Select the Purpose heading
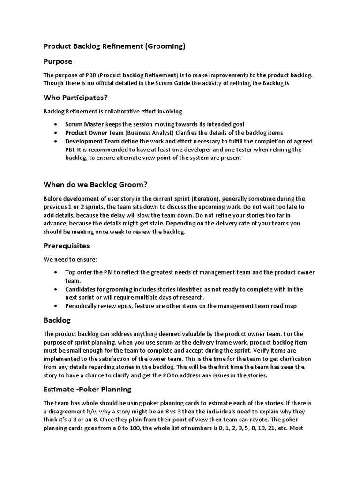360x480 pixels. tap(58, 61)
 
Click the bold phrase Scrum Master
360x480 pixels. tap(82, 124)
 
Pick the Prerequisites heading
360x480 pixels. tap(67, 246)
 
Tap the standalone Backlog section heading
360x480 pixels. tap(57, 320)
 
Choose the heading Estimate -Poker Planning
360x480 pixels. tap(87, 389)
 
